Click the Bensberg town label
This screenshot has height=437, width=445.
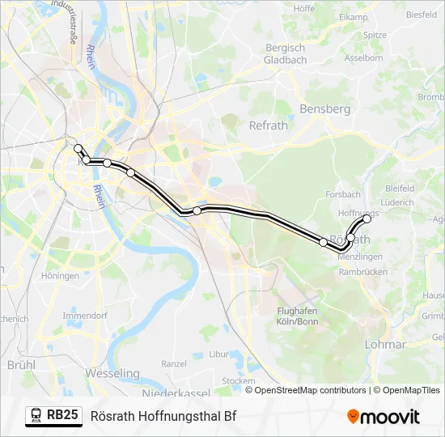point(324,108)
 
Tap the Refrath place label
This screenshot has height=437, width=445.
point(269,125)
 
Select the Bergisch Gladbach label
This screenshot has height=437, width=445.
point(286,53)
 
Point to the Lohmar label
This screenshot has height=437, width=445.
point(385,344)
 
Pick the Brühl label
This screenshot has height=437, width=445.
point(20,365)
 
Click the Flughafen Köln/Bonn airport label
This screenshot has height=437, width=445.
point(297,316)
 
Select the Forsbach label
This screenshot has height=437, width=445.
point(343,195)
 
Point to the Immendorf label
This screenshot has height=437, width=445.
point(85,315)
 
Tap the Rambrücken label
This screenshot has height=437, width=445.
point(363,272)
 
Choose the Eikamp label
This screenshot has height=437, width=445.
point(354,16)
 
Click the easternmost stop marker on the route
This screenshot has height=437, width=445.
point(367,218)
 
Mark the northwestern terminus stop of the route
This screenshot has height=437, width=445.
point(78,148)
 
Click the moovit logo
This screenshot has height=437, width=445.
point(384,417)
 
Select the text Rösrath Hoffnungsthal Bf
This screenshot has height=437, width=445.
point(163,416)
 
